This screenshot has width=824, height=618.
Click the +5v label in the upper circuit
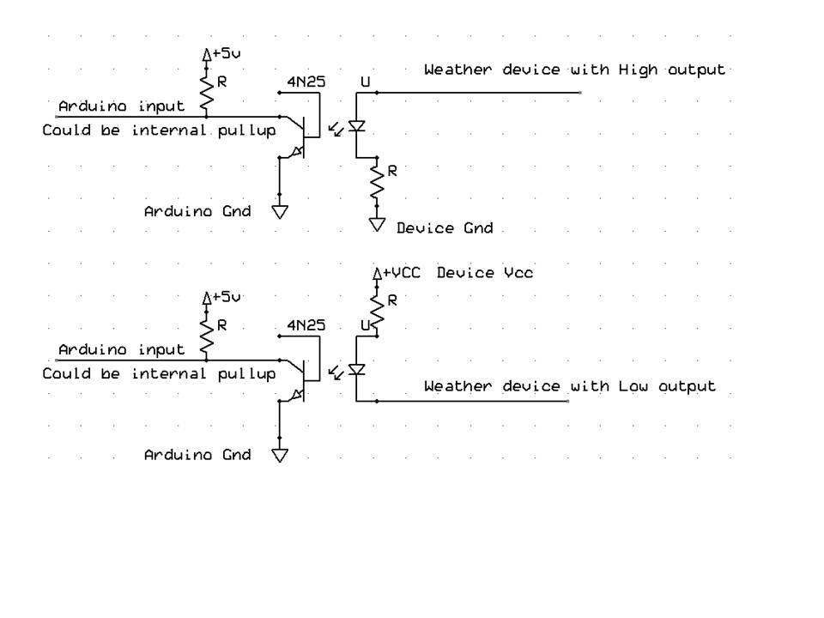pos(227,53)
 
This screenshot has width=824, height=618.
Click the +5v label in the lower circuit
pos(227,297)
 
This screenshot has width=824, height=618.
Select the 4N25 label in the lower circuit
pos(306,326)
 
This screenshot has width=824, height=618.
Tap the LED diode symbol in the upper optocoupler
pos(356,127)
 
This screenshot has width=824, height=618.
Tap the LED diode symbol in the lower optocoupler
pos(356,370)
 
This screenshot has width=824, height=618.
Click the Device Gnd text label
pos(445,228)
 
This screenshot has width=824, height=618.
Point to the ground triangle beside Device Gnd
pos(377,225)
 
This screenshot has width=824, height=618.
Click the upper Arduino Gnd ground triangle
pos(280,211)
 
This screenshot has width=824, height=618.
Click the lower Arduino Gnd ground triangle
pos(280,455)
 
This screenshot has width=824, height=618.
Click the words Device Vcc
pos(485,272)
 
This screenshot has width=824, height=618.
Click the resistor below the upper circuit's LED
pos(376,180)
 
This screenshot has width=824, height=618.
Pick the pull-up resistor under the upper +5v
pos(206,88)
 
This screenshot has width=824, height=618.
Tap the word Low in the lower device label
pos(635,386)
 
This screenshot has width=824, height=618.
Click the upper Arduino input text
pos(121,106)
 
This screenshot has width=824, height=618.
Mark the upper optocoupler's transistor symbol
pos(300,133)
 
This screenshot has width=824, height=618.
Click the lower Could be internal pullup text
pos(160,374)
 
